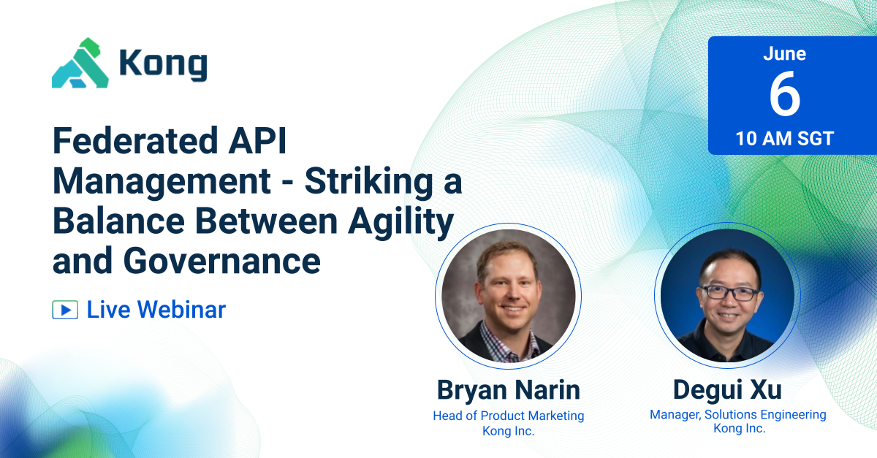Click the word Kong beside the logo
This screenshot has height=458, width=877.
point(163,65)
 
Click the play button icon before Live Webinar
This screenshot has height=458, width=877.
point(64,310)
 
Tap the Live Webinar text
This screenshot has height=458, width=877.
point(156,310)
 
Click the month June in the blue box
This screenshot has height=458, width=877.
point(784,54)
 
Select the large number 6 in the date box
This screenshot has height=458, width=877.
point(784,96)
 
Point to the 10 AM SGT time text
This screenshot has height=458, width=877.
point(784,139)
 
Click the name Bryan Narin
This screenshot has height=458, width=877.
point(509,389)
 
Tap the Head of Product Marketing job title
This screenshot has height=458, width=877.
point(509,416)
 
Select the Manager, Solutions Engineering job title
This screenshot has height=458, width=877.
point(738,415)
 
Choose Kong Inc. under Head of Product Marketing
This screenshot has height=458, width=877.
point(509,431)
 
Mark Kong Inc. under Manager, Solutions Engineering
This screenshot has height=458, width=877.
point(739,429)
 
